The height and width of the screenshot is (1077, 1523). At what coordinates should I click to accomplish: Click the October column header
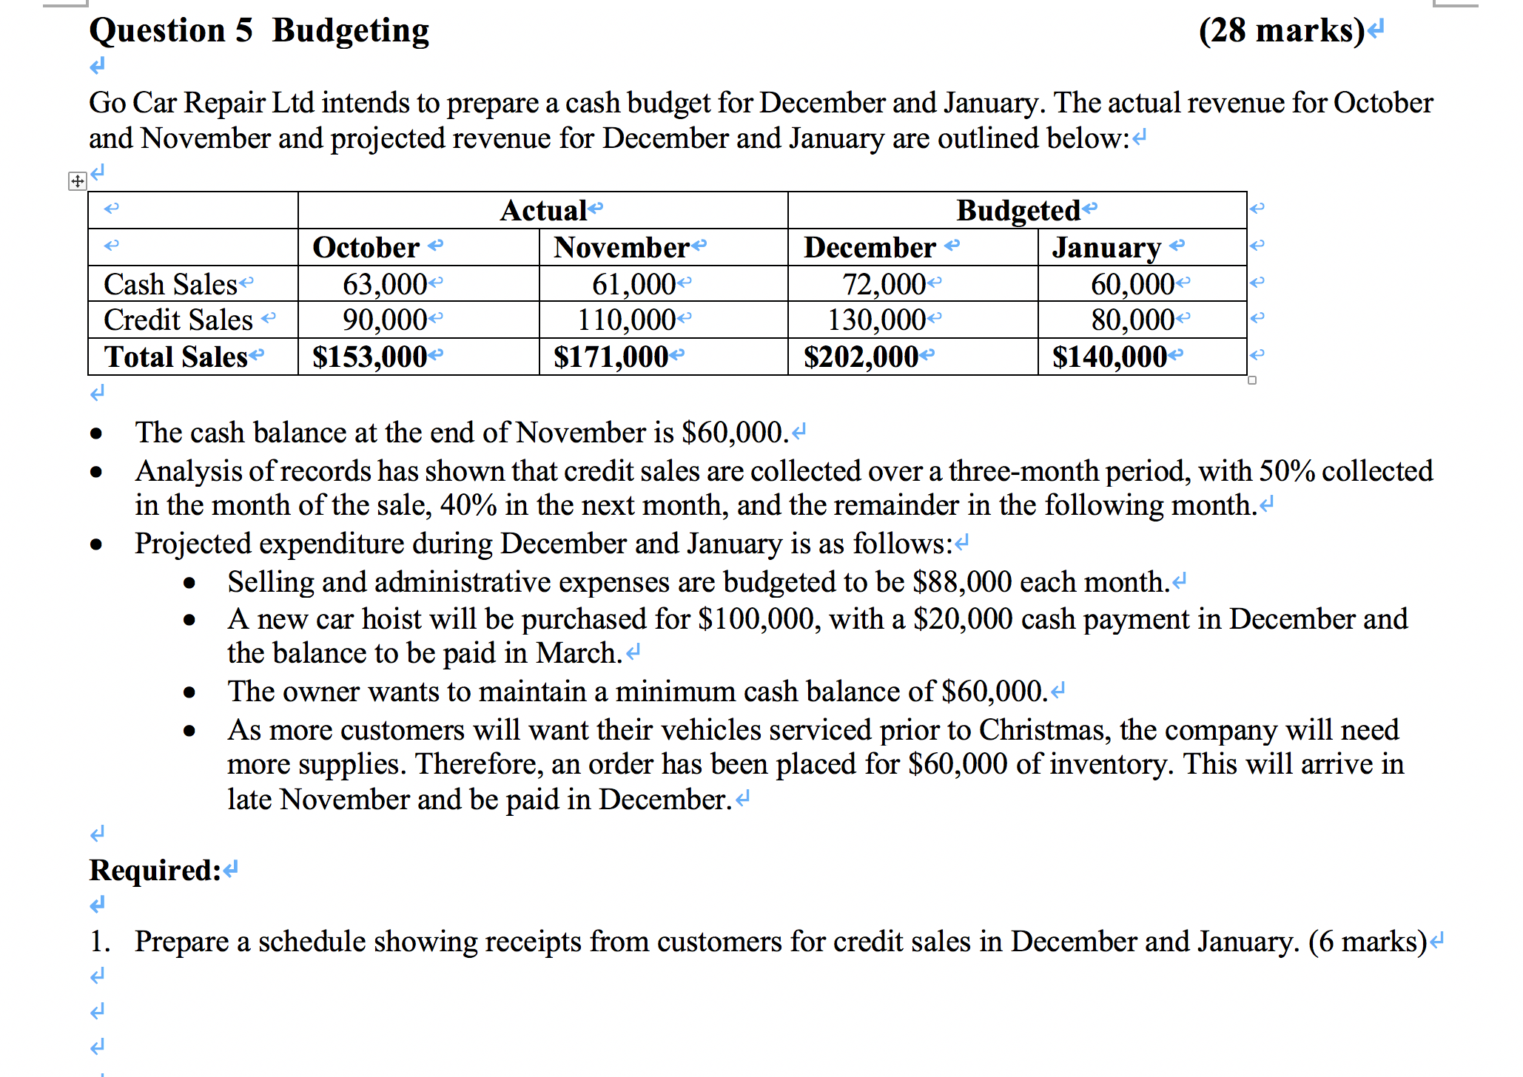366,248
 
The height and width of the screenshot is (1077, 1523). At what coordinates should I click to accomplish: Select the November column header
622,248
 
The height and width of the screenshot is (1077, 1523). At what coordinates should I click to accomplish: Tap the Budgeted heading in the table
1018,211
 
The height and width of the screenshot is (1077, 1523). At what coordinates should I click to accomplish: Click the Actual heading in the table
544,211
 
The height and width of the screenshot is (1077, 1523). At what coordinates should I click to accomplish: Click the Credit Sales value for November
626,320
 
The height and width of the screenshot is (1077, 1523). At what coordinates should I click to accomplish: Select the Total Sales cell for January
1109,357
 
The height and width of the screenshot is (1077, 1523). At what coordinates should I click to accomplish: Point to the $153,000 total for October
369,357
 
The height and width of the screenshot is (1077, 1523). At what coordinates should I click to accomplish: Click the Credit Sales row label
178,320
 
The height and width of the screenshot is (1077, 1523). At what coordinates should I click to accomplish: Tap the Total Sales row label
176,357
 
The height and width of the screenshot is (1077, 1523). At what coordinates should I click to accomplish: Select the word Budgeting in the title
351,31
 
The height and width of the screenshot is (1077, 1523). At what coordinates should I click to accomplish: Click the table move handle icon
77,181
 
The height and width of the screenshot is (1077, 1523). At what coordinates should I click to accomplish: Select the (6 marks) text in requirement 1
1368,942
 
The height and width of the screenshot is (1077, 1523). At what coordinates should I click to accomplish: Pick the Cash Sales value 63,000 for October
384,284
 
